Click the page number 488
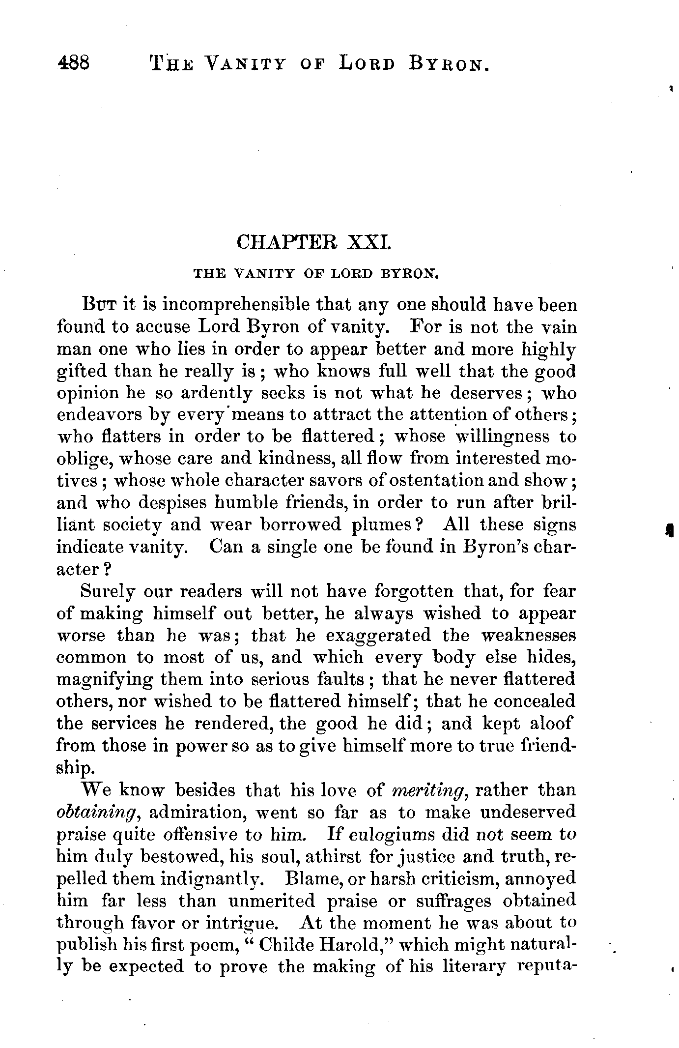click(73, 63)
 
